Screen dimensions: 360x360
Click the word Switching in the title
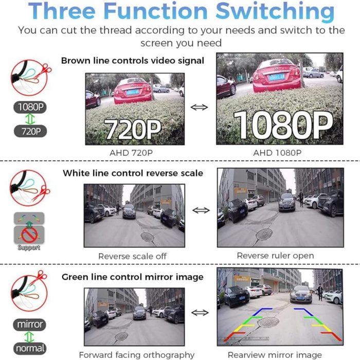pos(275,12)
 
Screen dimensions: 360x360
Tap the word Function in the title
pos(155,11)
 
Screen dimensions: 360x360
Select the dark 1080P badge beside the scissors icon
pos(30,107)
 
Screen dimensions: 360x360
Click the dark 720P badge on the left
pos(30,131)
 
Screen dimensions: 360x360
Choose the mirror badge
pos(30,325)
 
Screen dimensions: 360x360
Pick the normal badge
pos(30,348)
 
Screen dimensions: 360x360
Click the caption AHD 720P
pos(131,153)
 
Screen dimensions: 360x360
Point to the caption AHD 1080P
pos(277,153)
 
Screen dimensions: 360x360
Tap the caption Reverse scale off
pos(133,256)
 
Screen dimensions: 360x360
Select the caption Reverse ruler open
pos(275,256)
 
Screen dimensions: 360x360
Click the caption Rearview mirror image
pos(275,355)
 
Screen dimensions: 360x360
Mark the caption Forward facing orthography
pos(137,355)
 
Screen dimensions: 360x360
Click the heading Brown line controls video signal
pos(133,61)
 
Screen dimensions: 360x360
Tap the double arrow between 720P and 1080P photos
pos(199,107)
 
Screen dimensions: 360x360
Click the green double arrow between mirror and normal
pos(30,337)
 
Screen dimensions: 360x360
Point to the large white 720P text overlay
pos(132,129)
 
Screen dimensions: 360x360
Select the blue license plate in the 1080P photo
pos(277,77)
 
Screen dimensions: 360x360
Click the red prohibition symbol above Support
pos(29,235)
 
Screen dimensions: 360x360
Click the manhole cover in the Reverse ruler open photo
pos(264,235)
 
